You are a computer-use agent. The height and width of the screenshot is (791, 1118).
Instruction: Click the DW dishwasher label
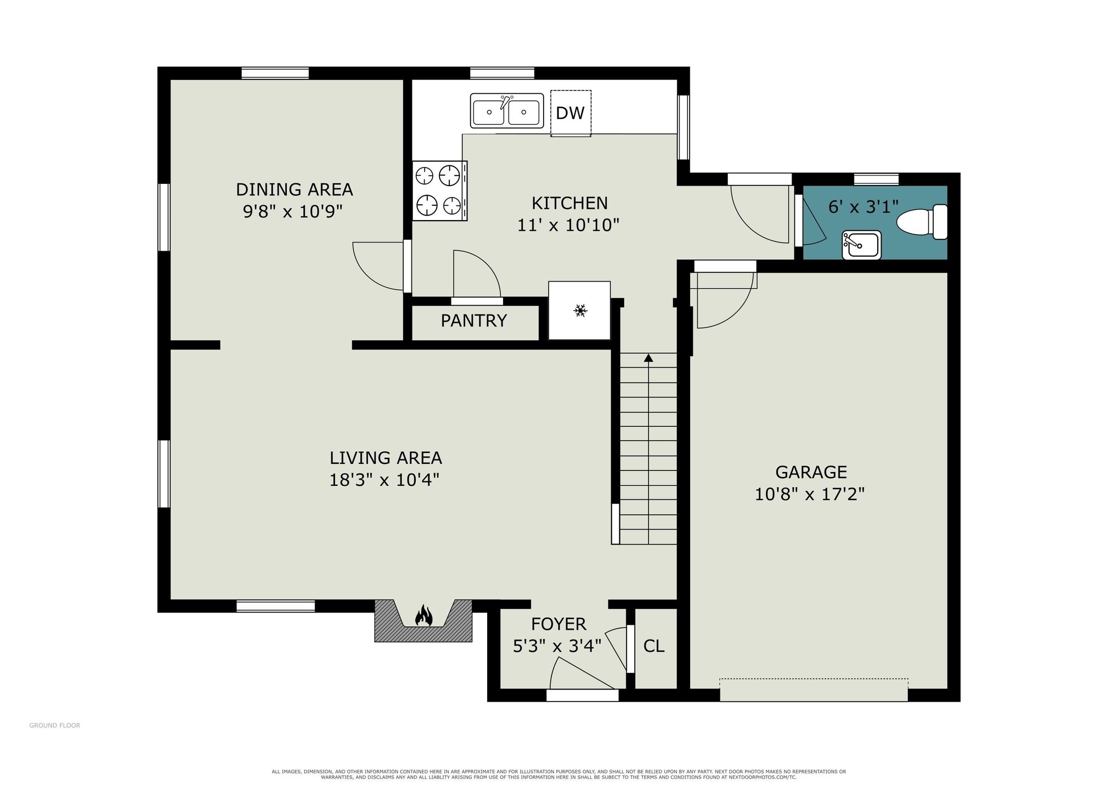[570, 113]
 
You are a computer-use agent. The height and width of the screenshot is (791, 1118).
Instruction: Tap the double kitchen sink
[507, 111]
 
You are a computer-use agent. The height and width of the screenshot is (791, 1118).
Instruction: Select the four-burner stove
[440, 190]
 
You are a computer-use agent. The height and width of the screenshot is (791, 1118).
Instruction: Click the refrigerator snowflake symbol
[580, 311]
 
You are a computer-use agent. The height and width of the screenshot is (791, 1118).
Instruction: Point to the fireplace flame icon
[424, 615]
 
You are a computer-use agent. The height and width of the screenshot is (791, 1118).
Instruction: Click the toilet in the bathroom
[922, 222]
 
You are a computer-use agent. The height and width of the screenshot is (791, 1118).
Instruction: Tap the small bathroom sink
[862, 245]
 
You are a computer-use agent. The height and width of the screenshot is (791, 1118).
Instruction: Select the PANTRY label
[474, 321]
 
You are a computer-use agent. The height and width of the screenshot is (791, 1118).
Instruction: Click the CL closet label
[654, 646]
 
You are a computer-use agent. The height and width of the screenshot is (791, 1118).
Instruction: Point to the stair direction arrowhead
[648, 358]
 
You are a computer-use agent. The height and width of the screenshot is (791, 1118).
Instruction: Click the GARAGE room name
[811, 472]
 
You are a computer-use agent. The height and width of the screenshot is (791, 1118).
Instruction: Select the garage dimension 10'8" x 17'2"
[810, 494]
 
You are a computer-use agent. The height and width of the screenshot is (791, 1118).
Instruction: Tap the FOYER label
[558, 624]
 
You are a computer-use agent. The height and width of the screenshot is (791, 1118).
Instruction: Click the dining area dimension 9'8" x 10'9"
[293, 211]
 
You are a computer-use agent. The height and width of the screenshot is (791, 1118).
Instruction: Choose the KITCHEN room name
[569, 203]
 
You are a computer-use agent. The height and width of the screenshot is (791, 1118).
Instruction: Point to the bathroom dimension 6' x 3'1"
[863, 207]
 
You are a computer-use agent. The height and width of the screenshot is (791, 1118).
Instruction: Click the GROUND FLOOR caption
[55, 726]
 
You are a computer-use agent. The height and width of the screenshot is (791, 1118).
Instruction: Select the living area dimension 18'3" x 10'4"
[385, 480]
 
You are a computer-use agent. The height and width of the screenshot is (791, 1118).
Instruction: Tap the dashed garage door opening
[814, 690]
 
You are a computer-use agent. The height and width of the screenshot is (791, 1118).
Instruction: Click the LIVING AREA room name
[386, 458]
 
